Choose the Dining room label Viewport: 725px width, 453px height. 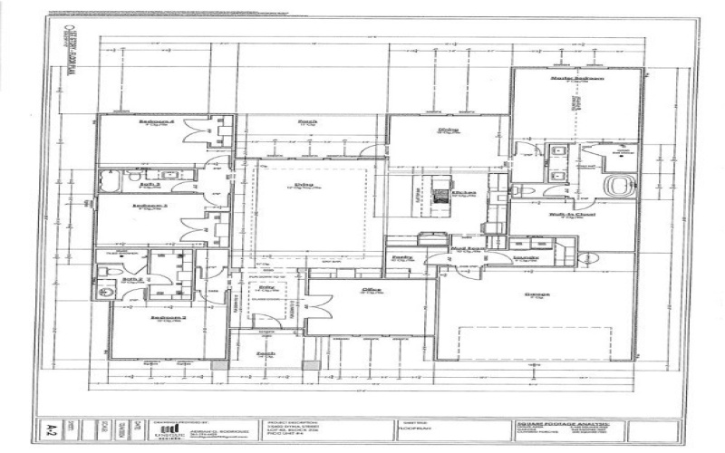[447, 130]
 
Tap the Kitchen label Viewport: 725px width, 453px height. [464, 193]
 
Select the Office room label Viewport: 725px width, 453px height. [370, 290]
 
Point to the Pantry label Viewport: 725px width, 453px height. [401, 257]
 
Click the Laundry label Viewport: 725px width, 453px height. [527, 257]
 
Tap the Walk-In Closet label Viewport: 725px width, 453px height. [570, 215]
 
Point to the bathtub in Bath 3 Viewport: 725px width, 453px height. [110, 183]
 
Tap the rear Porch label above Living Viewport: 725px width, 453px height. [308, 120]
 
